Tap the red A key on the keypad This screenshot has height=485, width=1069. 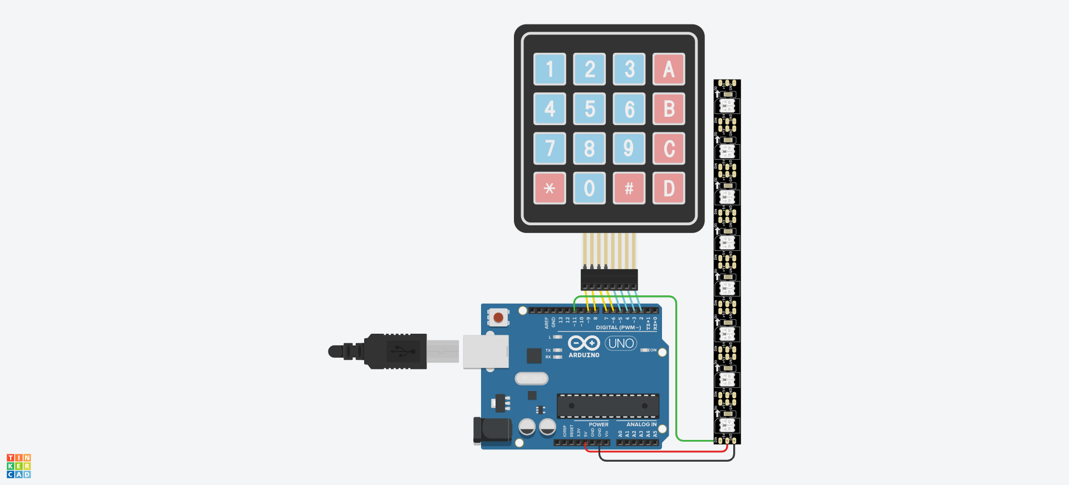669,69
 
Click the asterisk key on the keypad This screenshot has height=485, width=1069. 550,188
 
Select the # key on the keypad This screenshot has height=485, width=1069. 629,188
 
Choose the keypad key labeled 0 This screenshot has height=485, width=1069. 589,188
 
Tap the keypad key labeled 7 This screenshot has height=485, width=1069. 550,149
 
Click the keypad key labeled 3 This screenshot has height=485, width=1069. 629,69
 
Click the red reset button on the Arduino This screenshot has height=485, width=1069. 498,318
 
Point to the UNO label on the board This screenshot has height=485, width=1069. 621,343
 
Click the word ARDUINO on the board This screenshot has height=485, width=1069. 583,355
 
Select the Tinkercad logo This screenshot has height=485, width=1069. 18,466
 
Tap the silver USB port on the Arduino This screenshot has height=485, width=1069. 486,352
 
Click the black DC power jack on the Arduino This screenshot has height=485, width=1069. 492,430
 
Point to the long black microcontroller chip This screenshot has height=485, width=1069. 608,406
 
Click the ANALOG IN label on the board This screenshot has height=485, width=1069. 641,424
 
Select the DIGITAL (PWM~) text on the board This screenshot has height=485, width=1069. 618,328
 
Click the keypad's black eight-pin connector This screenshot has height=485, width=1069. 609,279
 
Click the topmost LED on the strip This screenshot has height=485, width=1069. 727,106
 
